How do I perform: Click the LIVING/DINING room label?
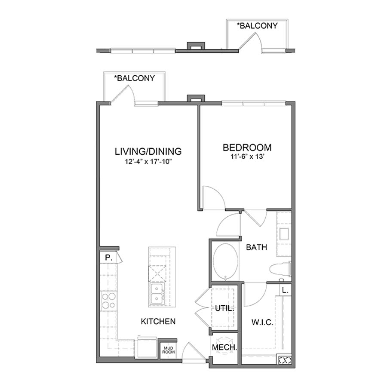148,151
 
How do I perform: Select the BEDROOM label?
247,147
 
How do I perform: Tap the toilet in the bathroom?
280,270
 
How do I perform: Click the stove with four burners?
108,301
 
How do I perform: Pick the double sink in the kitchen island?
157,294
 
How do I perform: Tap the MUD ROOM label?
167,350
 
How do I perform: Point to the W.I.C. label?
262,322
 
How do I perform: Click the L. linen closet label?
286,290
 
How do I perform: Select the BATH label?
256,248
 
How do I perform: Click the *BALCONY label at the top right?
257,26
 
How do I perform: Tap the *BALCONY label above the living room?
134,78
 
